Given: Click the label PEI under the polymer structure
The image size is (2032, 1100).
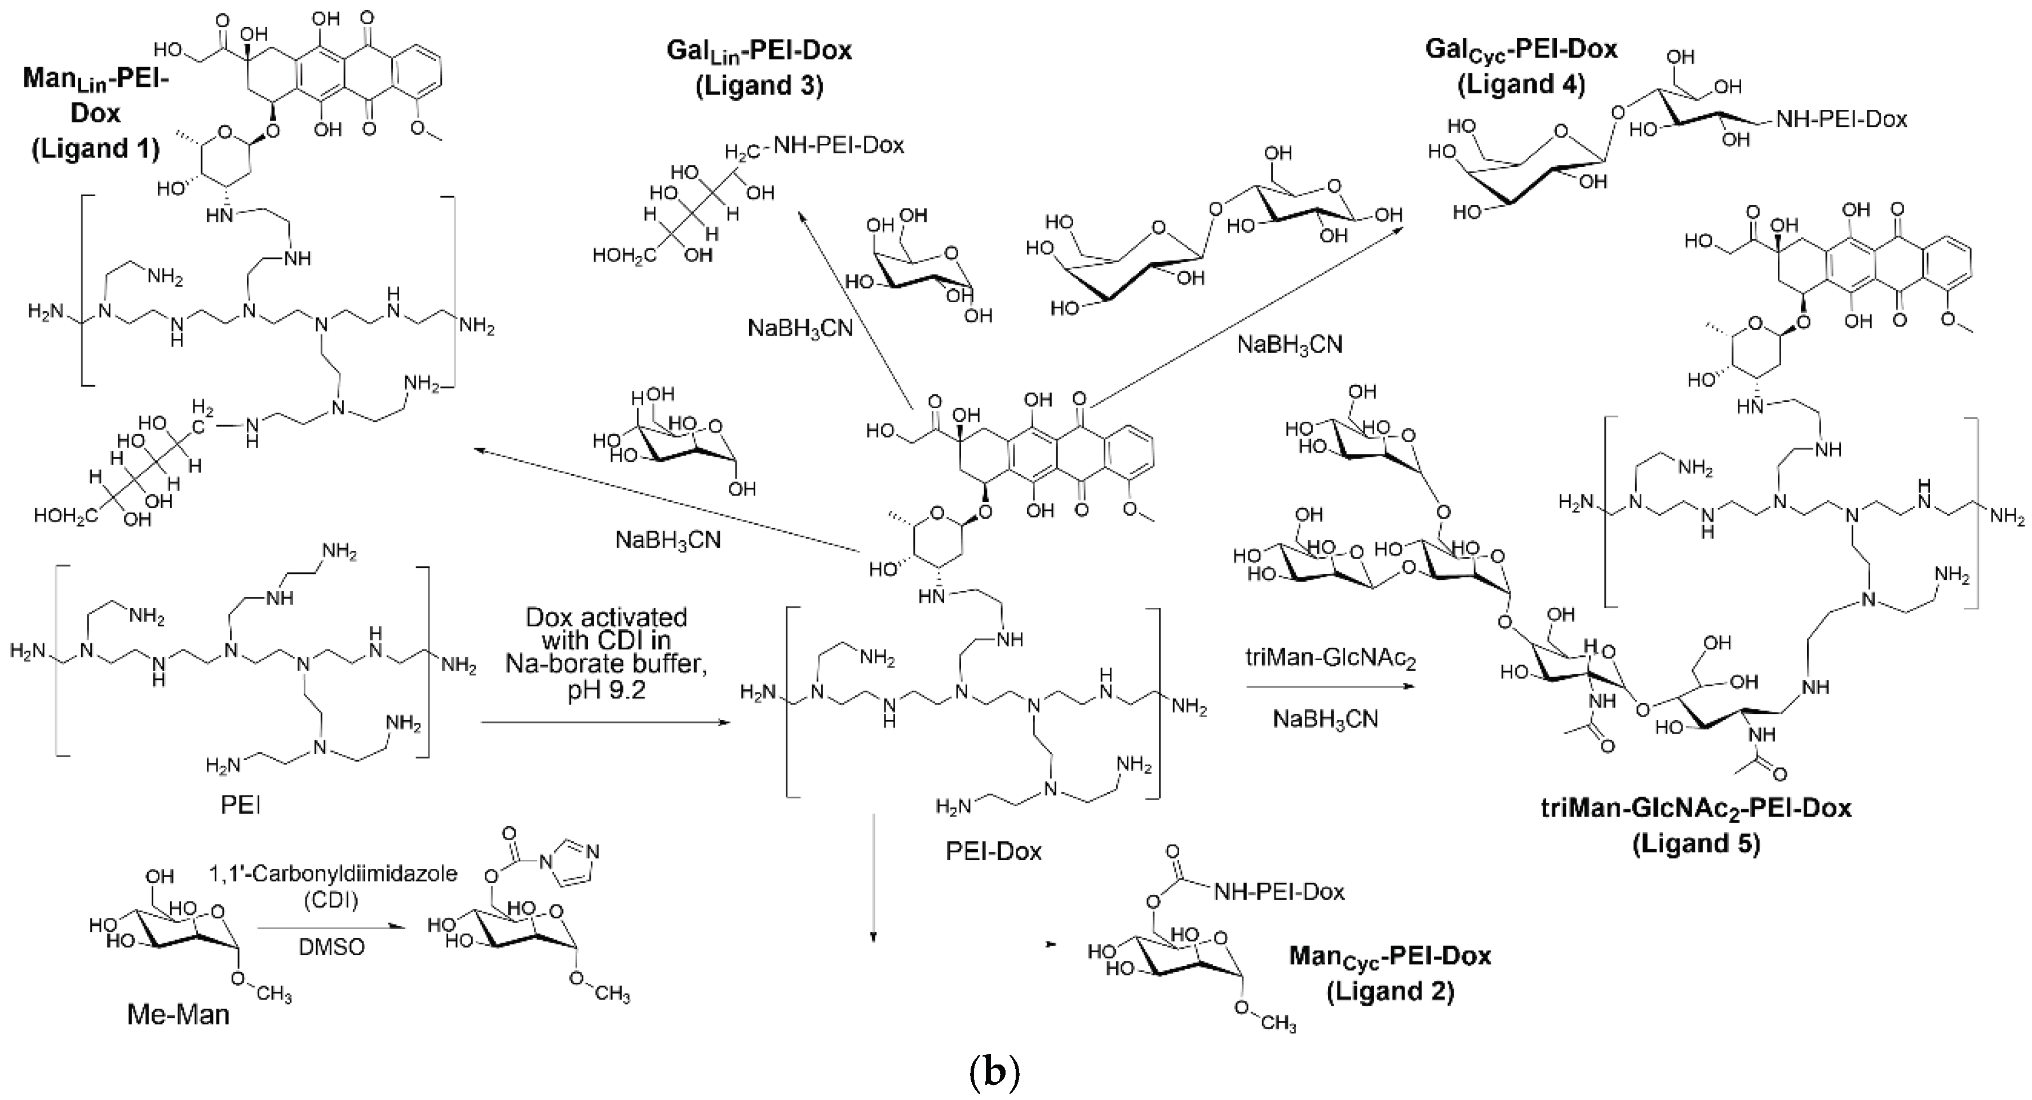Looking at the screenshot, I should (241, 805).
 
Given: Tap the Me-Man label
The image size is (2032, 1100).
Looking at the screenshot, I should (178, 1014).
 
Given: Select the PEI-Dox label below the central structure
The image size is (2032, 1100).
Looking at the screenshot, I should (993, 851).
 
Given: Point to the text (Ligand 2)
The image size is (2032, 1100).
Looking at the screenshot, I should (1390, 990).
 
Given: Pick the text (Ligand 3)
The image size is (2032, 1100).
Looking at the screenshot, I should (759, 85).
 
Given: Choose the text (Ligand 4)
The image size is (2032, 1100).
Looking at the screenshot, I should (1521, 83).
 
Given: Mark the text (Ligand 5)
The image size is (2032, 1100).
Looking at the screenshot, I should (1696, 843).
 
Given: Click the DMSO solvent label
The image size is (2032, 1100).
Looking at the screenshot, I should (332, 946).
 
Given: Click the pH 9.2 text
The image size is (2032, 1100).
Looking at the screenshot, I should (606, 691).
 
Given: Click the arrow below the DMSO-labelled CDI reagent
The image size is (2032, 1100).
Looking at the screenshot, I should (331, 929).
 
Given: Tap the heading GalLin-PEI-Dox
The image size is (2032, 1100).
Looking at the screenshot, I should (759, 51).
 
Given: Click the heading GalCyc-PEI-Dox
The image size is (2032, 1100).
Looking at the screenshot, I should (1521, 49).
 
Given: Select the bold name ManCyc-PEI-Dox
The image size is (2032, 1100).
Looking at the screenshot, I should (1390, 956).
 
